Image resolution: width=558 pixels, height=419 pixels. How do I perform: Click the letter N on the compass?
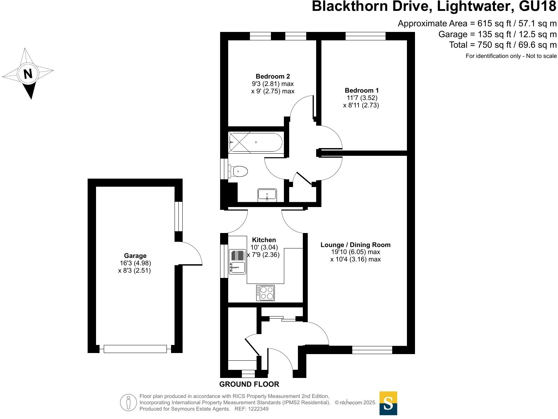coord(28,74)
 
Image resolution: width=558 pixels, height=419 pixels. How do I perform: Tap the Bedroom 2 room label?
coord(273,76)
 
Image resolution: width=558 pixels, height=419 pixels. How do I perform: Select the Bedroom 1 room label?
coord(362,90)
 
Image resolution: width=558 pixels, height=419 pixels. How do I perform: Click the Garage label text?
coord(135,256)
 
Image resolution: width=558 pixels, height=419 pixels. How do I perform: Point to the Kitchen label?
coord(264,240)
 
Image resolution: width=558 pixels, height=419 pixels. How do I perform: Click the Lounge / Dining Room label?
coord(355,245)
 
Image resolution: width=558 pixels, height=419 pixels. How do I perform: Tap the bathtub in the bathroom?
coord(255,142)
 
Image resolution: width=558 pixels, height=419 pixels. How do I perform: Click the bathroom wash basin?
coord(267,195)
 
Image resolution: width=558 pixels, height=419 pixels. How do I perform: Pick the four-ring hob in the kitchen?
coord(265,293)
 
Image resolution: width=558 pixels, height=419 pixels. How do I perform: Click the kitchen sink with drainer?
coord(237,262)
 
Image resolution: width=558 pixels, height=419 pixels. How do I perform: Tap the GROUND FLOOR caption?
coord(249,384)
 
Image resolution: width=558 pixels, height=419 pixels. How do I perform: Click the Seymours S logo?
coord(388,403)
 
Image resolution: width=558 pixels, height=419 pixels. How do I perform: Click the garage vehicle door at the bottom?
coord(135,349)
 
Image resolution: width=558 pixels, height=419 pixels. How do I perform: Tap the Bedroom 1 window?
coord(365,36)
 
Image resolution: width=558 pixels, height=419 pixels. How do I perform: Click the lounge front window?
coord(372,350)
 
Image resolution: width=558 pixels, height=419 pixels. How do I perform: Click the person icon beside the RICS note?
coord(128,403)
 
